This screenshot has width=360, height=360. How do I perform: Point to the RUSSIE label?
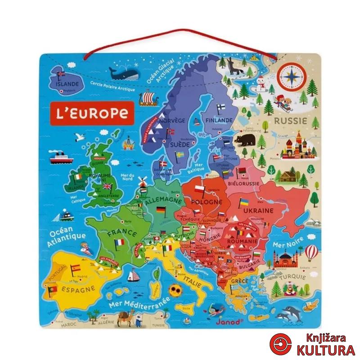click(291, 121)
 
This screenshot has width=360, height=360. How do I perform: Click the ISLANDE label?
click(67, 84)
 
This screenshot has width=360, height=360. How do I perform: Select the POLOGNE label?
click(207, 201)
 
